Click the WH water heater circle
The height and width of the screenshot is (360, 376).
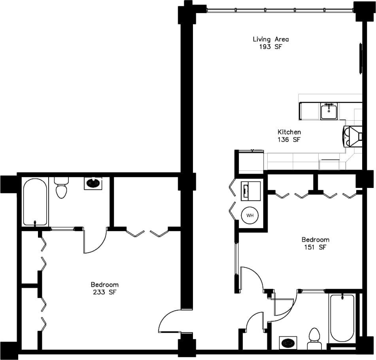coord(250,216)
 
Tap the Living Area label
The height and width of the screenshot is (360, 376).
coord(270,39)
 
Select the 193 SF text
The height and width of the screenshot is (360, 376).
coord(270,46)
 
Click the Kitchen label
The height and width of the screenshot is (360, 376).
coord(289,132)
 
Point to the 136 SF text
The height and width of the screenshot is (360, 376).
coord(289,139)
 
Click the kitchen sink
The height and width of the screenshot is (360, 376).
coord(329,111)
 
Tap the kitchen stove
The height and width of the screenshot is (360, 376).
coord(353,136)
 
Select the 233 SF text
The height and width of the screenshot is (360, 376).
coord(104,292)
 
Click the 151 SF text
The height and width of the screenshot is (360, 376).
coord(315,247)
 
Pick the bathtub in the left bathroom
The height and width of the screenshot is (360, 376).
coord(35,202)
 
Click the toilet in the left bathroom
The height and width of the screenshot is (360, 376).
coord(61,188)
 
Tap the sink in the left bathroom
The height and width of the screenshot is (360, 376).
coord(93,183)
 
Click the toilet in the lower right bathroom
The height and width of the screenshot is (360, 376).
coord(314,338)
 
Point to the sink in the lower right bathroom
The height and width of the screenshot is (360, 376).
coord(288,343)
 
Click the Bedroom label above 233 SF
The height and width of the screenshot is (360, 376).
coord(104,284)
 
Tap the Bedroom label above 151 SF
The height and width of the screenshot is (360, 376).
coord(315,240)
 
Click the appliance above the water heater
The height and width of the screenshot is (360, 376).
coord(251,191)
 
